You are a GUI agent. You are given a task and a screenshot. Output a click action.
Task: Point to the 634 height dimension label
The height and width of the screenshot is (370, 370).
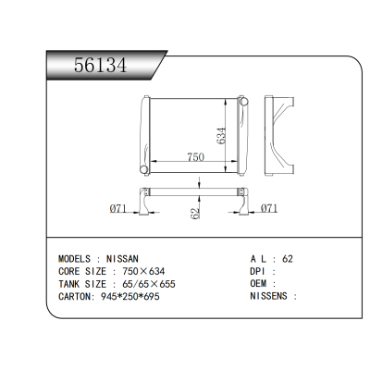coord(221,133)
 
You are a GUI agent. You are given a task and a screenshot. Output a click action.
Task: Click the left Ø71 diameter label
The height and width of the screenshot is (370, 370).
coord(117,209)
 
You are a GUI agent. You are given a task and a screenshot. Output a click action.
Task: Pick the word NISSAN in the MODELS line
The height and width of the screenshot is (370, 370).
coord(123,259)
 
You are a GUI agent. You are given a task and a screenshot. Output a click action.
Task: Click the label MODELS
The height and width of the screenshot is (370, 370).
coord(74,259)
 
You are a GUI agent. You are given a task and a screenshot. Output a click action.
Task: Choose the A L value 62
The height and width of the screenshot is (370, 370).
coord(288,259)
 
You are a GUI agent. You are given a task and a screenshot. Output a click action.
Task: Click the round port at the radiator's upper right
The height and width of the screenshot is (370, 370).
coord(242,100)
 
